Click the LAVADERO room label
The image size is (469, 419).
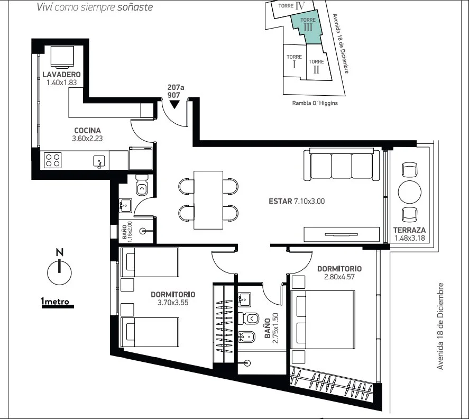coord(62,74)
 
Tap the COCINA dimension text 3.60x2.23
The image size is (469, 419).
coord(87,139)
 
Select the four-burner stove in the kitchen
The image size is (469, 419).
coord(53,160)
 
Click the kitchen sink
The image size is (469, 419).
coord(99,161)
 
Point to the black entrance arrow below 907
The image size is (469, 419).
coord(174,104)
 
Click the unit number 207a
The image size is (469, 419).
coord(176,87)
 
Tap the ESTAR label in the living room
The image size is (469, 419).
coord(280,201)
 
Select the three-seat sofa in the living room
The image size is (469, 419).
coord(342,165)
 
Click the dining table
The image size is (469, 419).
coord(208,200)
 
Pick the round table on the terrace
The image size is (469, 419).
coord(409,192)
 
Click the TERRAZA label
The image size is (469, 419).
coord(409,230)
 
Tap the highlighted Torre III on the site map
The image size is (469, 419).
coord(307,27)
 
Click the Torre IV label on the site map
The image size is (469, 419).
coord(292,6)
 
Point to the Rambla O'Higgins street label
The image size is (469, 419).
coord(315,103)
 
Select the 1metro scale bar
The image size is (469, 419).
coord(58,306)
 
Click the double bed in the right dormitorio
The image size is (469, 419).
coord(323,320)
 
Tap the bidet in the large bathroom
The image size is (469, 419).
coord(246,337)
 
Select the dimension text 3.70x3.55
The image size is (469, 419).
coord(173,303)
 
